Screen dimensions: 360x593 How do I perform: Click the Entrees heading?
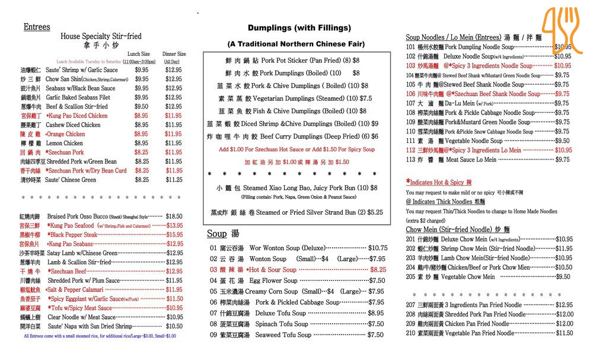click(x=37, y=27)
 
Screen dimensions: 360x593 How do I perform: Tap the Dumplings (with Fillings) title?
click(x=299, y=28)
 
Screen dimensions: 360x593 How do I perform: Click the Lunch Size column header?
click(x=139, y=54)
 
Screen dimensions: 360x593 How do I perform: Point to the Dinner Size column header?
click(x=174, y=54)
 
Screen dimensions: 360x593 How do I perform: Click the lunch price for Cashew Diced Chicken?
click(x=142, y=125)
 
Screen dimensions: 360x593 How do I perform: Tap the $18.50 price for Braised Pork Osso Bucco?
click(x=174, y=217)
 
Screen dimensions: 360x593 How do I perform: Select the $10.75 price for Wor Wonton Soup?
click(x=378, y=248)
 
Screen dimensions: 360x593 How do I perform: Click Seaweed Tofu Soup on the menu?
click(x=283, y=334)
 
